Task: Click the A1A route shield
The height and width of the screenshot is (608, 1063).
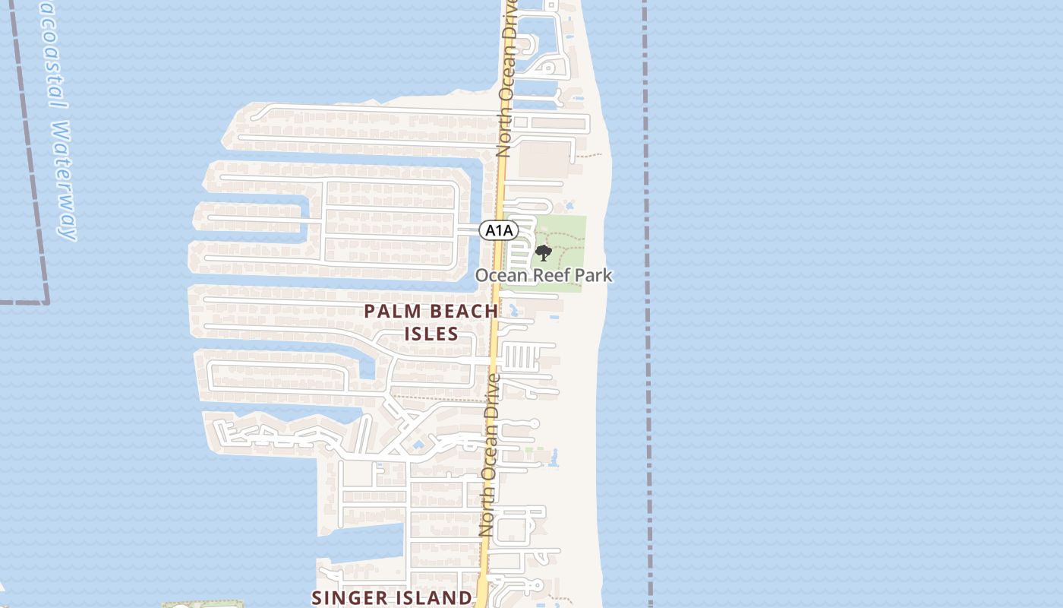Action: click(499, 230)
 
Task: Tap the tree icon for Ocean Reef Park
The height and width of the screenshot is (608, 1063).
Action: click(543, 253)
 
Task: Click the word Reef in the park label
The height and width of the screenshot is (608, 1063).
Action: click(554, 275)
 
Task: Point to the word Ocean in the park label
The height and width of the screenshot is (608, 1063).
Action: click(501, 275)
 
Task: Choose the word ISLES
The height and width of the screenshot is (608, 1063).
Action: click(431, 334)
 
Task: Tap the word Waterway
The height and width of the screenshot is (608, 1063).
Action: click(65, 181)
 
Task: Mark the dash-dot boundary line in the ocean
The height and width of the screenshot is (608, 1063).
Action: click(647, 304)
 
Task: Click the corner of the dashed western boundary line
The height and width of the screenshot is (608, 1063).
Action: click(46, 302)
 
